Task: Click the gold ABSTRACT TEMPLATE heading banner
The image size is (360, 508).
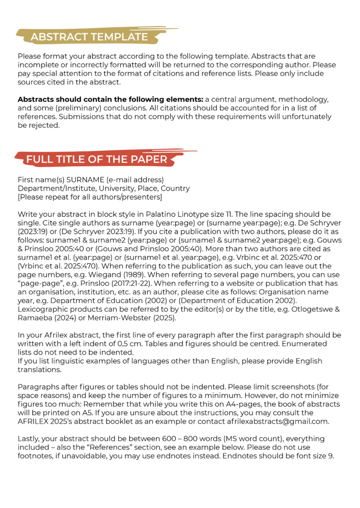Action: click(x=89, y=37)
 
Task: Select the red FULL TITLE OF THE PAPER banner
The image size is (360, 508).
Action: click(x=97, y=159)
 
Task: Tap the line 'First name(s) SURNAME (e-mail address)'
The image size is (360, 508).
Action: click(x=91, y=180)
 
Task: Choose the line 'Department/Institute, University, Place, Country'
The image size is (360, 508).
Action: click(x=104, y=188)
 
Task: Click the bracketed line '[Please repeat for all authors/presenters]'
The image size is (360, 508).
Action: click(x=90, y=197)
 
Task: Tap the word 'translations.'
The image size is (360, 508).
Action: click(x=39, y=370)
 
